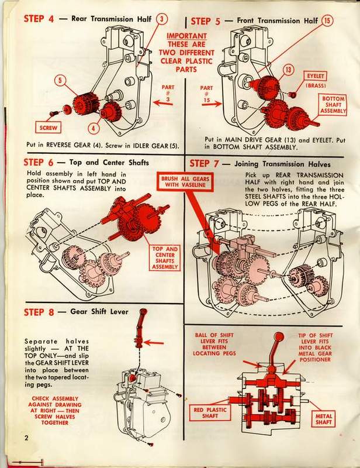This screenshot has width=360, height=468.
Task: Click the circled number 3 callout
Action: click(161, 19)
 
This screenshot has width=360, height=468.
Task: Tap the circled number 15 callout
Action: click(327, 20)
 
